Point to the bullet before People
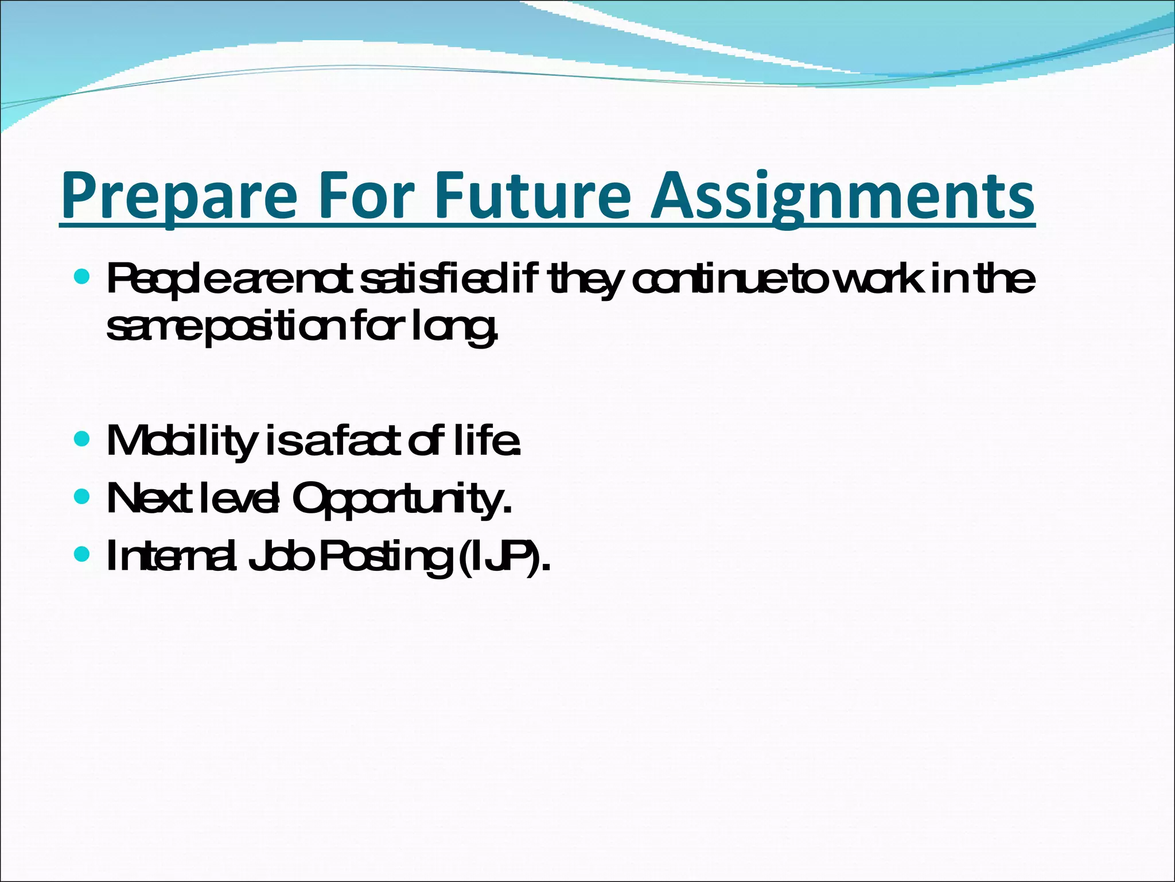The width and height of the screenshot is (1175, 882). [x=83, y=278]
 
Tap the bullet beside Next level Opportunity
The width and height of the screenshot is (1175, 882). [x=83, y=496]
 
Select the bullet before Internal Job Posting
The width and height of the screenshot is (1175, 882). [x=83, y=554]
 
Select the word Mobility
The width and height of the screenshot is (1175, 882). [x=181, y=441]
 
